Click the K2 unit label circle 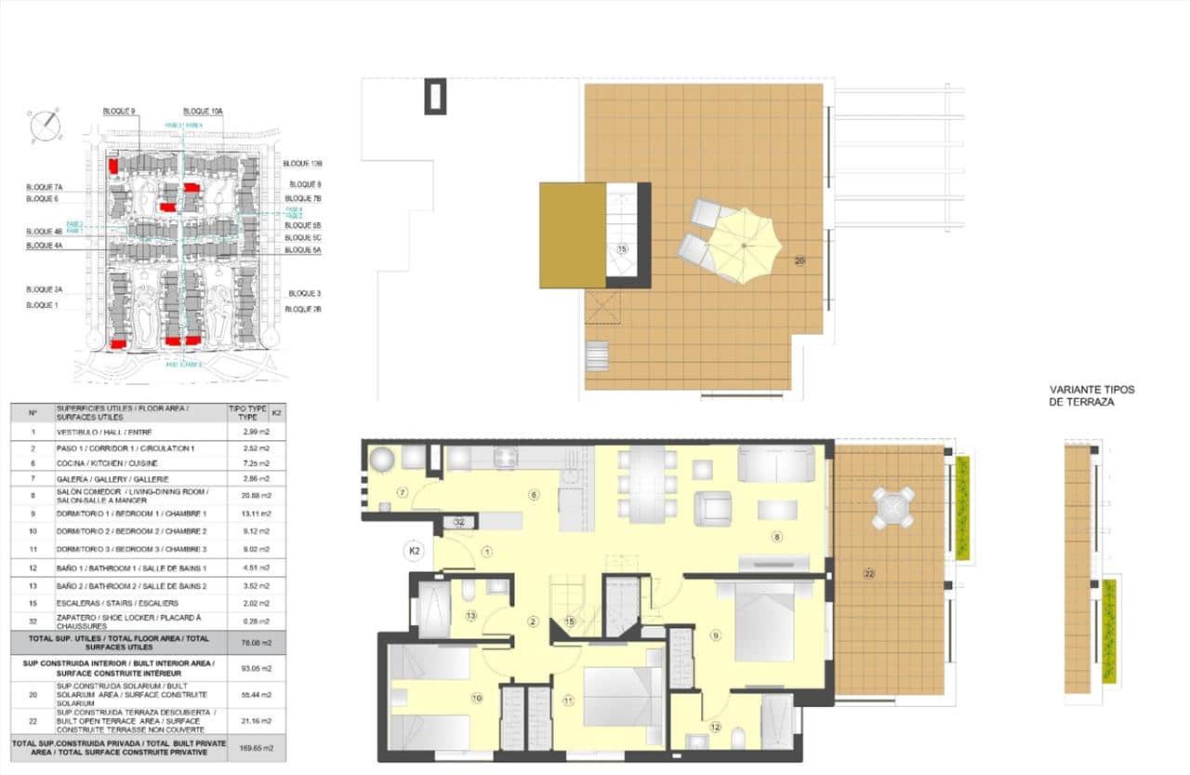pyautogui.click(x=416, y=551)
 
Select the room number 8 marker pyautogui.click(x=776, y=537)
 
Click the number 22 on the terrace pyautogui.click(x=869, y=574)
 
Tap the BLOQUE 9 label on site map pyautogui.click(x=120, y=112)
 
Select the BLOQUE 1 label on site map pyautogui.click(x=42, y=305)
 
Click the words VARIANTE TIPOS pyautogui.click(x=1091, y=391)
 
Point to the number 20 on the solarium pyautogui.click(x=800, y=261)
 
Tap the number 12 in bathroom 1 pyautogui.click(x=714, y=727)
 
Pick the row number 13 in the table pyautogui.click(x=33, y=585)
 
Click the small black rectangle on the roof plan pyautogui.click(x=435, y=96)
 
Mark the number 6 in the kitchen pyautogui.click(x=534, y=494)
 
